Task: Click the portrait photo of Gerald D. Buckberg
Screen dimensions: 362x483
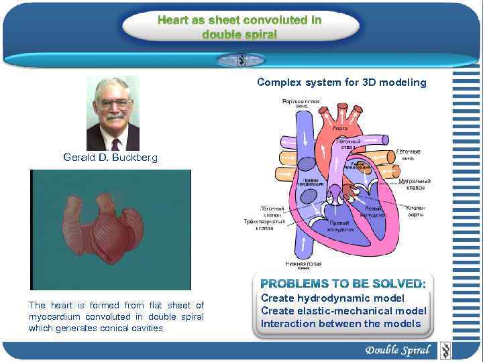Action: click(113, 113)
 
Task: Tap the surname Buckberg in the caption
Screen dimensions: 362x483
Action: click(135, 158)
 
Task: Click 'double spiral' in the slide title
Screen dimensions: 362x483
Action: click(239, 34)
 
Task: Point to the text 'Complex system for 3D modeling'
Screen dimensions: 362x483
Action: click(341, 82)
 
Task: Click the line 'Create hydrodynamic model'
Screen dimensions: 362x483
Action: click(333, 298)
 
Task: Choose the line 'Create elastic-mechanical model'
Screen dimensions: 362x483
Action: click(343, 310)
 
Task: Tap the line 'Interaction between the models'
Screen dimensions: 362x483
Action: click(341, 324)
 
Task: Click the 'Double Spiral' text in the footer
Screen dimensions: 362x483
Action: click(397, 350)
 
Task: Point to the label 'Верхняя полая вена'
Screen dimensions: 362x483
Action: click(301, 104)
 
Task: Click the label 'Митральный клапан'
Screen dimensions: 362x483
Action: click(415, 184)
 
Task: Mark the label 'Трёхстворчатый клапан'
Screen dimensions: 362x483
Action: click(264, 225)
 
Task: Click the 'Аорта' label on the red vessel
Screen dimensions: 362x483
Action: click(340, 127)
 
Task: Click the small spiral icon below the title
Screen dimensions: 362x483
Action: click(240, 60)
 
